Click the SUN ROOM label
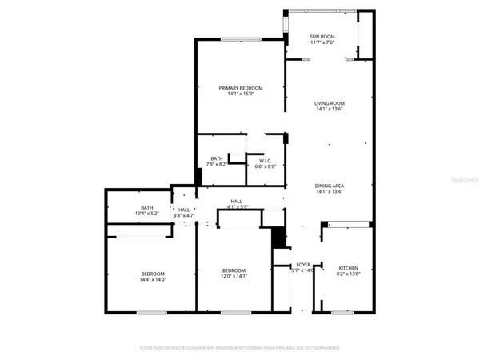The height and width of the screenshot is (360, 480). [322, 38]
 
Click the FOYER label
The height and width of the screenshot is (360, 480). [303, 264]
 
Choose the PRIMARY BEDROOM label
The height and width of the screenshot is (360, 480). [241, 88]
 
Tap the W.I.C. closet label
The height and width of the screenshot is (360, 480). [266, 160]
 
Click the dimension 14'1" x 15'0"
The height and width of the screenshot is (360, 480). [241, 94]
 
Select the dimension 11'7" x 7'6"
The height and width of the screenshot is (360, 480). [322, 44]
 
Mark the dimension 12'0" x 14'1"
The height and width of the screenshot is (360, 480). [234, 277]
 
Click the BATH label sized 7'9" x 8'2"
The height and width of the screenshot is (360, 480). [217, 158]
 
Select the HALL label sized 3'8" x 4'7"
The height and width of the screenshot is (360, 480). [184, 209]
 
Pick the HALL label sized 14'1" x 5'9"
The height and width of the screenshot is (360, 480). [237, 202]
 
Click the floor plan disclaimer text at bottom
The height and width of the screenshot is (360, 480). [240, 348]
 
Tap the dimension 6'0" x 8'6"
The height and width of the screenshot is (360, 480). [266, 166]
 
